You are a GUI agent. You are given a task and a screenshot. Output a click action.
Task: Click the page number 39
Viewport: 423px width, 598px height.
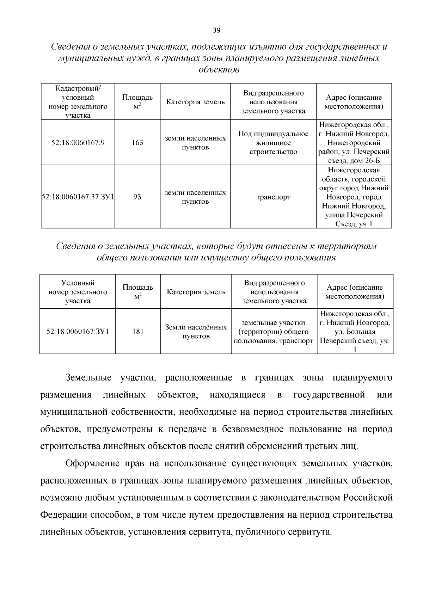point(216,30)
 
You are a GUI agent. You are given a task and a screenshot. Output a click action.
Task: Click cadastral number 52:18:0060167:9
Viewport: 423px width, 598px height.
point(78,143)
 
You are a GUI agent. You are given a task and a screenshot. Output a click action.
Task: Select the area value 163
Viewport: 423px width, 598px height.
point(137,143)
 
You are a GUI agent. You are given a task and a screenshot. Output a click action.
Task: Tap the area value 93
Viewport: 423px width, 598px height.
point(137,197)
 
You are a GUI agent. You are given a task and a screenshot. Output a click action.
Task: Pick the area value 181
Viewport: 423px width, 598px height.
point(138,332)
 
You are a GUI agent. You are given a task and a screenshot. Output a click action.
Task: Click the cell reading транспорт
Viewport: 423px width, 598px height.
point(273,197)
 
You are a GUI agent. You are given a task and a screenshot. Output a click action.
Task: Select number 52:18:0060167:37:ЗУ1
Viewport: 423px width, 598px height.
point(78,197)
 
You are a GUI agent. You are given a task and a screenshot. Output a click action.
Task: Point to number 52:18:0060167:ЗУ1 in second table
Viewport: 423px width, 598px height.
point(78,332)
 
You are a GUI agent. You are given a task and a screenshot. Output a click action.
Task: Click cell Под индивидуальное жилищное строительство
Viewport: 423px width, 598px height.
point(273,143)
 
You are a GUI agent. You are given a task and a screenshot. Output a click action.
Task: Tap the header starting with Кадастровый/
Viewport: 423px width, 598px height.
point(78,101)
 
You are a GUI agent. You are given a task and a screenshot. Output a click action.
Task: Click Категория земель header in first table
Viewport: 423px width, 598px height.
point(195,102)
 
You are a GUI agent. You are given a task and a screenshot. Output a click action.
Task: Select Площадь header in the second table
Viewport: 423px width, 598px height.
point(138,291)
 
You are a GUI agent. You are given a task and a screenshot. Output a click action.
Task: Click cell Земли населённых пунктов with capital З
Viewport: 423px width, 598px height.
point(196,332)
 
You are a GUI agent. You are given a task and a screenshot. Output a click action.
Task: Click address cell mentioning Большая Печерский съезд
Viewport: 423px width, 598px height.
point(355,332)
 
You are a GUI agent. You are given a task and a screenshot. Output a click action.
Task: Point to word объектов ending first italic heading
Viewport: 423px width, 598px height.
point(219,70)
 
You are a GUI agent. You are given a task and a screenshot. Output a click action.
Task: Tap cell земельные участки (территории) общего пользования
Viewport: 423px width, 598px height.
point(274,332)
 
